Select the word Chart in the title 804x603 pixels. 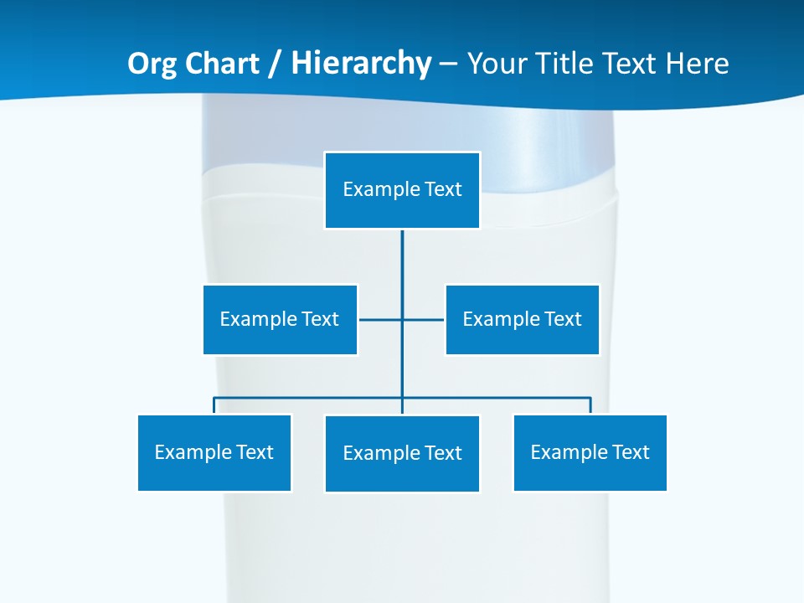[219, 64]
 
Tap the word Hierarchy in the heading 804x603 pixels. [361, 64]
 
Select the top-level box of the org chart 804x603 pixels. [402, 190]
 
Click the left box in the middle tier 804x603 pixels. [280, 319]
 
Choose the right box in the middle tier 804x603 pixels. [522, 319]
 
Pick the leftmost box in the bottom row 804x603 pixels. [214, 452]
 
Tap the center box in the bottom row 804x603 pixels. [402, 453]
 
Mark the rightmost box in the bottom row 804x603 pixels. [590, 452]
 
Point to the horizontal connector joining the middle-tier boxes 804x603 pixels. [381, 319]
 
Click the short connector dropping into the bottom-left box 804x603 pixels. [214, 405]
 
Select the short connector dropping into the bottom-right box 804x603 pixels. [590, 405]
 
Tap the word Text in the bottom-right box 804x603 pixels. [631, 452]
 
